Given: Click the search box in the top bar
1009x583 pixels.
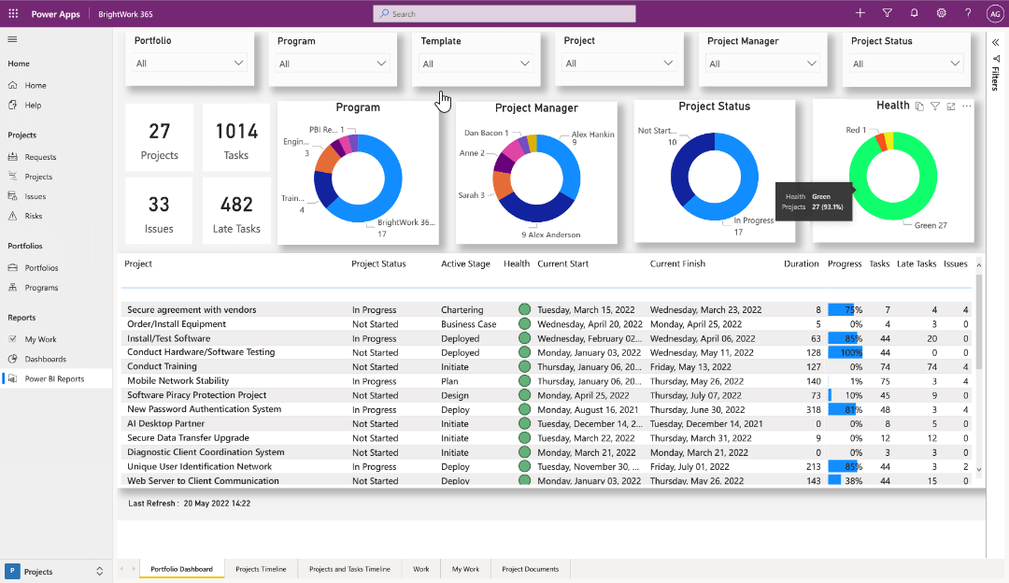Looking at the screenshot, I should point(504,14).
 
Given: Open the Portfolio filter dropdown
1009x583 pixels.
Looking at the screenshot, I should point(191,64).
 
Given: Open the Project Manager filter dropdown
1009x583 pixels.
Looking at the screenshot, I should point(762,64).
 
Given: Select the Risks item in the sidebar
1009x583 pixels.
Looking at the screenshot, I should point(34,216).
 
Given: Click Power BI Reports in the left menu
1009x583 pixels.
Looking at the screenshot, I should point(54,379).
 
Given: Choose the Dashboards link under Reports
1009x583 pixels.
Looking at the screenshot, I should point(45,359).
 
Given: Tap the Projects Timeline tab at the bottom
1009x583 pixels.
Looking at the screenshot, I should point(261,569).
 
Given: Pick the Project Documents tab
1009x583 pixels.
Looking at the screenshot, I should point(530,569).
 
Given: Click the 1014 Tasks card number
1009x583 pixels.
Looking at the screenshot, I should point(236,132).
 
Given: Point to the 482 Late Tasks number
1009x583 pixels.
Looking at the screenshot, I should point(236,205).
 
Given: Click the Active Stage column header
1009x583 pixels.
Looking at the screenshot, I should point(465,264).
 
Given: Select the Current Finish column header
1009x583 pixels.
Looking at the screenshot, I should point(677,264).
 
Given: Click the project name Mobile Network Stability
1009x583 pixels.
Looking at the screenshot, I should point(178,381).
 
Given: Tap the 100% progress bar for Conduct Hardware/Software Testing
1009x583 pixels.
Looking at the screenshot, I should point(845,353).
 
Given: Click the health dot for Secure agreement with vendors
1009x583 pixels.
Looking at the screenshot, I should point(524,309).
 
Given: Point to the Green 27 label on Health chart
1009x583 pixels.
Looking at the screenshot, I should point(931,225).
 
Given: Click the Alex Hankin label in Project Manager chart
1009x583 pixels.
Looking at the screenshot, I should point(592,135).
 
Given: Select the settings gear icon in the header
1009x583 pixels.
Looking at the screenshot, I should point(941,13).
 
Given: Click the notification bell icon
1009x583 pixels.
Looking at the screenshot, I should point(914,13).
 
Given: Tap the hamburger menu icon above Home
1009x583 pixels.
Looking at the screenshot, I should point(13,39).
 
